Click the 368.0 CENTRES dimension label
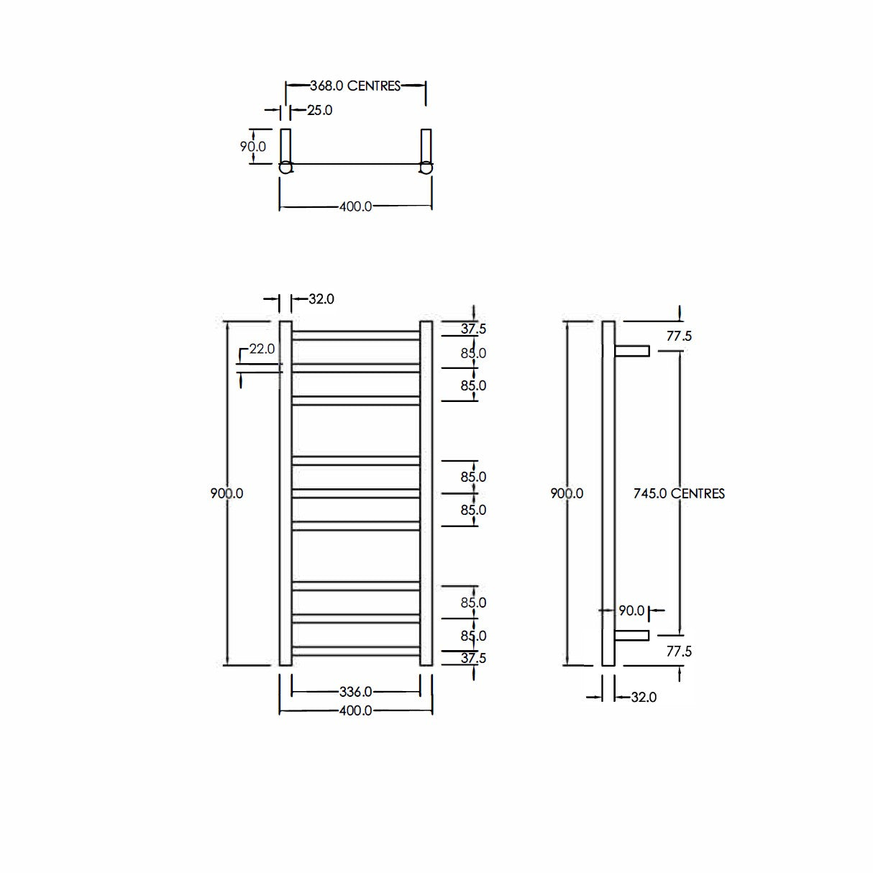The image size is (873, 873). point(355,86)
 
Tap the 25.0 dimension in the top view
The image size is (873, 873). point(320,111)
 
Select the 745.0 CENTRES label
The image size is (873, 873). point(679,494)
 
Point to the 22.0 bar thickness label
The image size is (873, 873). point(262,349)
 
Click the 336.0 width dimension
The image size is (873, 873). point(355,693)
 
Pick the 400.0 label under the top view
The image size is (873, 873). point(355,207)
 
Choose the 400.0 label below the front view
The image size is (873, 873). point(355,711)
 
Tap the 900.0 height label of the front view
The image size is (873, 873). point(227,494)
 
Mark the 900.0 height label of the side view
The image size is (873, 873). point(567,494)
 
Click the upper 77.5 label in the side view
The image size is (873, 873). point(679,337)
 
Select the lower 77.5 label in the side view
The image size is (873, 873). point(679,652)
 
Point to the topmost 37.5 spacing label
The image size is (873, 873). point(473,329)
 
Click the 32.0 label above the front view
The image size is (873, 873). point(321,299)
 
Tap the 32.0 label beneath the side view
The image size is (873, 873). point(644,698)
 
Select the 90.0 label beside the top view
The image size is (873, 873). point(252,147)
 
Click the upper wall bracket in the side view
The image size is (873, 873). point(632,351)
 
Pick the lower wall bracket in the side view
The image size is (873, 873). point(632,636)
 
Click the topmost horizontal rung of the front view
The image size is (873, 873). point(355,335)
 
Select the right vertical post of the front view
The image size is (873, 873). point(426,494)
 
